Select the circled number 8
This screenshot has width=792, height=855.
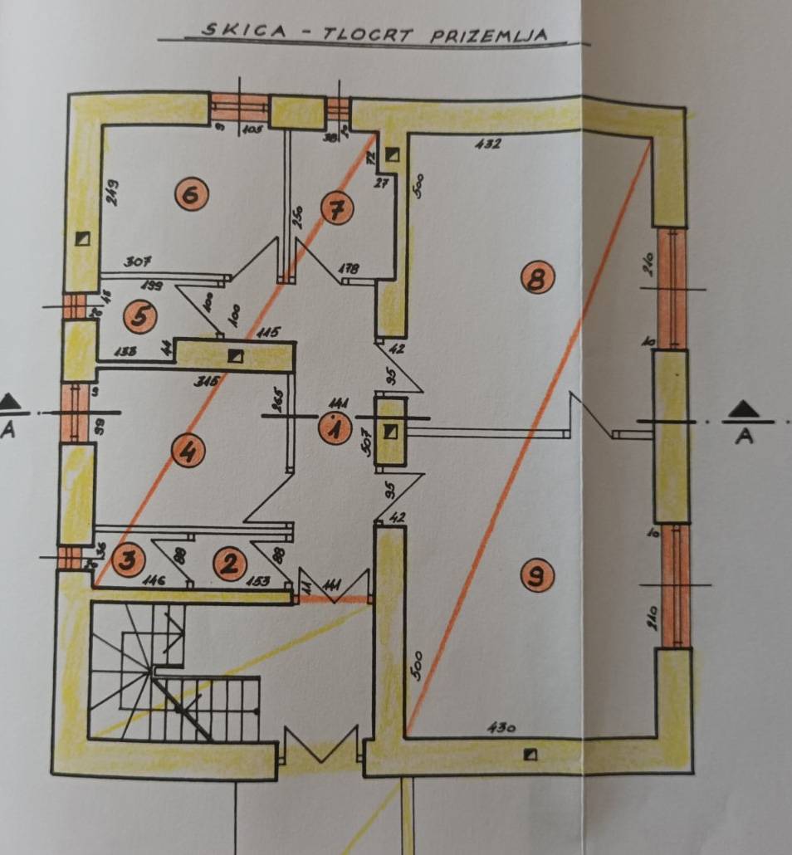click(x=537, y=279)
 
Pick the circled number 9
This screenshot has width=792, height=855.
click(x=539, y=574)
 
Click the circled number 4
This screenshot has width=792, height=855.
click(x=188, y=452)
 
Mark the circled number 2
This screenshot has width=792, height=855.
click(x=230, y=564)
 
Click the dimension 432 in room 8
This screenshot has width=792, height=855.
click(x=487, y=144)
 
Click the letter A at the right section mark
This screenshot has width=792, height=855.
click(x=745, y=435)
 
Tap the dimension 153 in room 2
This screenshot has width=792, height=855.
click(x=257, y=580)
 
